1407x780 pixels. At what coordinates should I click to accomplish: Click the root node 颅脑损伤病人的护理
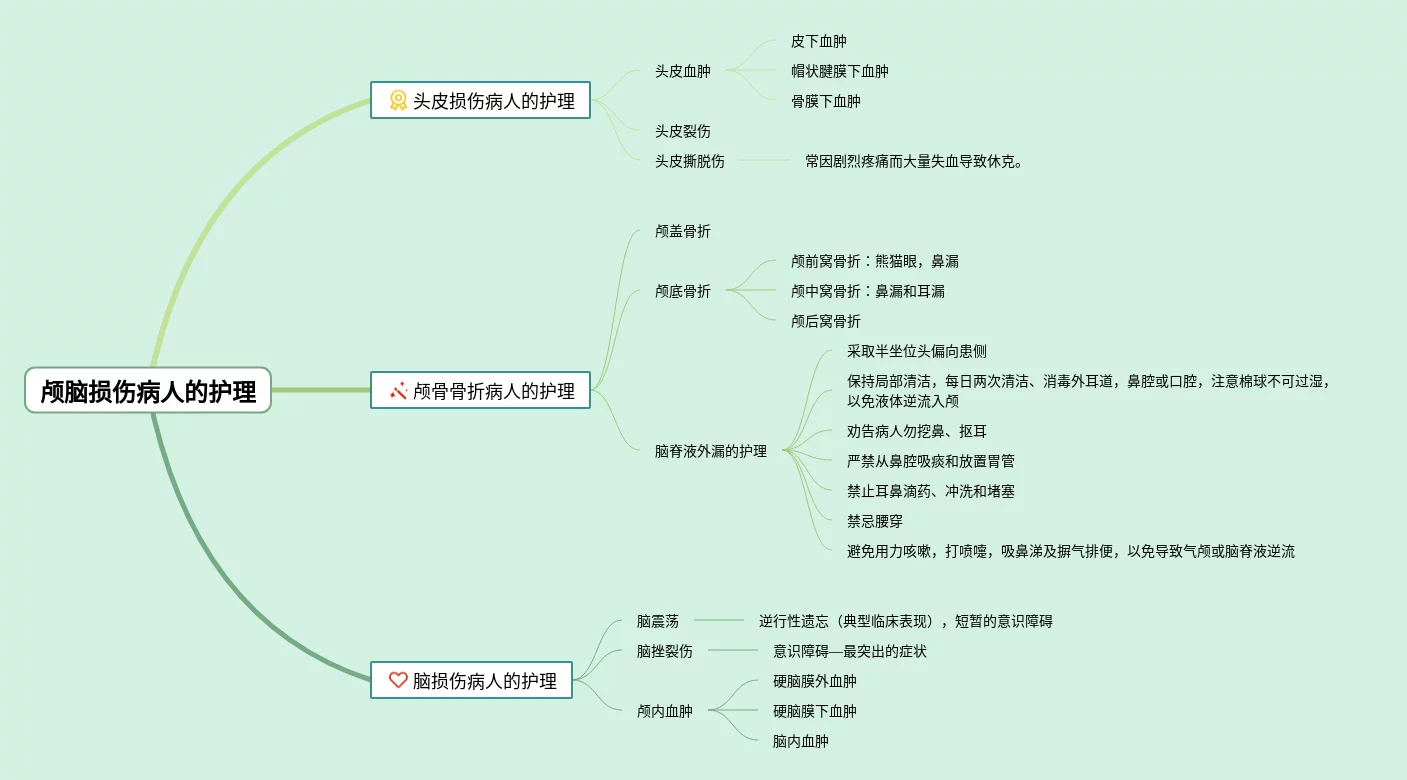tap(148, 391)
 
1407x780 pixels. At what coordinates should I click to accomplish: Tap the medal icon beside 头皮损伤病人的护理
tap(398, 101)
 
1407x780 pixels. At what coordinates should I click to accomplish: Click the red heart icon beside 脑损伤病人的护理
tap(398, 681)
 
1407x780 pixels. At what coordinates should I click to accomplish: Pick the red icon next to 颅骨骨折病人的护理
tap(398, 391)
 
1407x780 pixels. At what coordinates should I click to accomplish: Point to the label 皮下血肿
tap(818, 41)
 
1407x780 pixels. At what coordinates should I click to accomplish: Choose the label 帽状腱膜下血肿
tap(839, 71)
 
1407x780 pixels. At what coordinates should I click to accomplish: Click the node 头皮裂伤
tap(683, 131)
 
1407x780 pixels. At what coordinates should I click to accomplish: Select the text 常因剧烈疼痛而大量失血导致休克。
tap(914, 161)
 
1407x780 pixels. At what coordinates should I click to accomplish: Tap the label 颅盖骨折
tap(683, 231)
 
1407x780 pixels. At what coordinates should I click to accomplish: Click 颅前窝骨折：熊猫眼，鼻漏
tap(874, 261)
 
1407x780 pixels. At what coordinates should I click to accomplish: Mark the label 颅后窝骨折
tap(825, 321)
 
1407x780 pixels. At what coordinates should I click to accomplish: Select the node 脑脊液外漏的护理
tap(711, 451)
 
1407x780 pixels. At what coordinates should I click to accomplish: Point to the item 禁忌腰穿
tap(874, 521)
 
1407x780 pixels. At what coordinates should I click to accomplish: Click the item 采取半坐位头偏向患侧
tap(916, 351)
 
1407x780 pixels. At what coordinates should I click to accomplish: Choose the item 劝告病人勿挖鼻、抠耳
tap(916, 431)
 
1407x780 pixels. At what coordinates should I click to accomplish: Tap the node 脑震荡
tap(657, 621)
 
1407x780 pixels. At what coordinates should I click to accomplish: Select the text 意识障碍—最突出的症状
tap(849, 651)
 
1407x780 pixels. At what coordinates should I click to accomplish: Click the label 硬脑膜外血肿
tap(814, 681)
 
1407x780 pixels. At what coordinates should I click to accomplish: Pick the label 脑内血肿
tap(800, 741)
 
